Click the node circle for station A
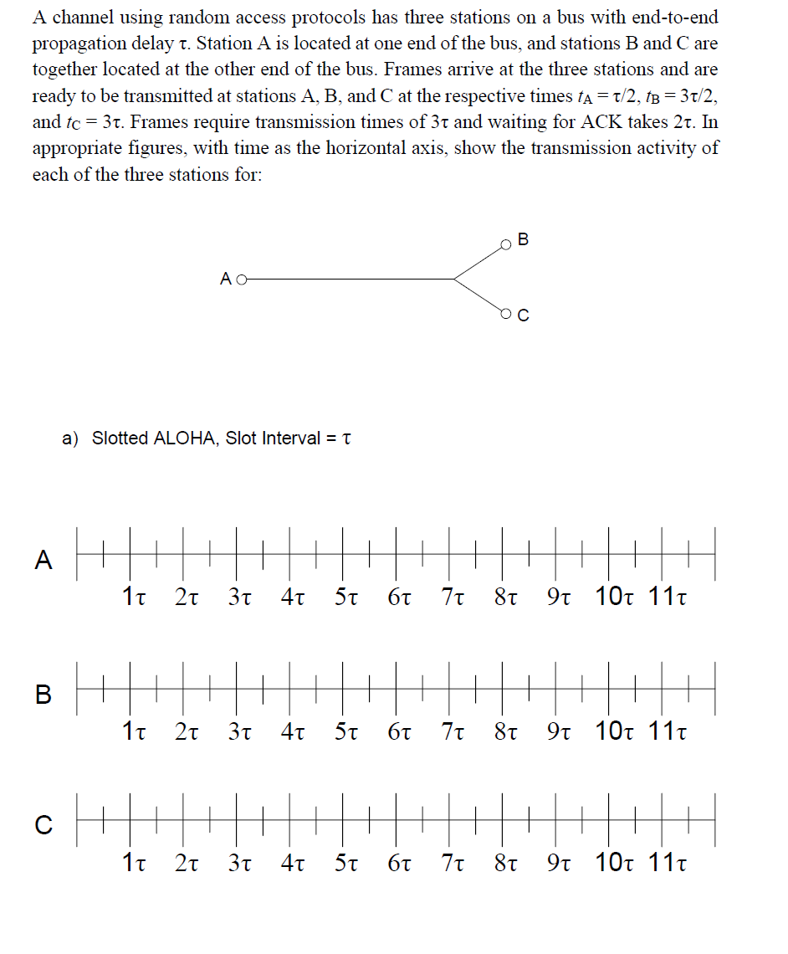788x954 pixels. pyautogui.click(x=243, y=280)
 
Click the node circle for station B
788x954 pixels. pyautogui.click(x=505, y=245)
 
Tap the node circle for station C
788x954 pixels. pyautogui.click(x=505, y=314)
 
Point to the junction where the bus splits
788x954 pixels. pyautogui.click(x=454, y=280)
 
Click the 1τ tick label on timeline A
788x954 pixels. pyautogui.click(x=136, y=598)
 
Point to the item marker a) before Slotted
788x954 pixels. pyautogui.click(x=70, y=439)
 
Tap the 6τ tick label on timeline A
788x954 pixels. pyautogui.click(x=402, y=598)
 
